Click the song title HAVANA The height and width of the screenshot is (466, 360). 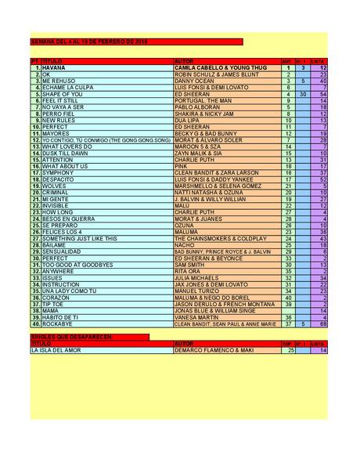(54, 68)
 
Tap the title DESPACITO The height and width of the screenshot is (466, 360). (59, 179)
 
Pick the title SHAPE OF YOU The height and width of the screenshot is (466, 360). (61, 94)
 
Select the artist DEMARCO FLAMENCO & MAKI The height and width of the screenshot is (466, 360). (208, 350)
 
